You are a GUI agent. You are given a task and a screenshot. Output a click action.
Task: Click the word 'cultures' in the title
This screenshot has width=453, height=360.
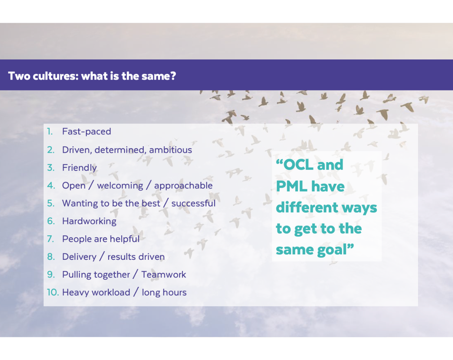pos(55,76)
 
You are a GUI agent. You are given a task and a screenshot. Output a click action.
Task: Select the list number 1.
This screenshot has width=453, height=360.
pos(50,132)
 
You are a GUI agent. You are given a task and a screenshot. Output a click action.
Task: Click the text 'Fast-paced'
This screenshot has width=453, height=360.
pos(86,132)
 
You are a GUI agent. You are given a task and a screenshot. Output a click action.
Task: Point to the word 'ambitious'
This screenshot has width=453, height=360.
pos(170,150)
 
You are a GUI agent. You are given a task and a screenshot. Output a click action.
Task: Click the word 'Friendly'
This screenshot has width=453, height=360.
pos(79,168)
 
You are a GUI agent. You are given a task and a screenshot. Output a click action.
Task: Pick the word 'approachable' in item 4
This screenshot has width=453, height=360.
pos(183,186)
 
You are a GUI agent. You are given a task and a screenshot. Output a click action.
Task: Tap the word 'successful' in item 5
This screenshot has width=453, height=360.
pos(194,203)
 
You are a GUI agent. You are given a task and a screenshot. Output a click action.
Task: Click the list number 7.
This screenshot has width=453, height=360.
pos(50,239)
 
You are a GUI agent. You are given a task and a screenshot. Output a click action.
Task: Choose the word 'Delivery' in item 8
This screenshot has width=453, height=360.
pos(79,257)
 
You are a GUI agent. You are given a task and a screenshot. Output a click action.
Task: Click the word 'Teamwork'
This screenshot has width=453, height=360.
pos(164,275)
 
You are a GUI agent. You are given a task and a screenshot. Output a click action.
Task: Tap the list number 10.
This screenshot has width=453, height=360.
pos(53,292)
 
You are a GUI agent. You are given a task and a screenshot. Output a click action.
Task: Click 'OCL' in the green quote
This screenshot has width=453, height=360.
pos(298,165)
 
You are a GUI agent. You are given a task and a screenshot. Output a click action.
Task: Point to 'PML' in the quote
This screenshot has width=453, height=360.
pos(292,186)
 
